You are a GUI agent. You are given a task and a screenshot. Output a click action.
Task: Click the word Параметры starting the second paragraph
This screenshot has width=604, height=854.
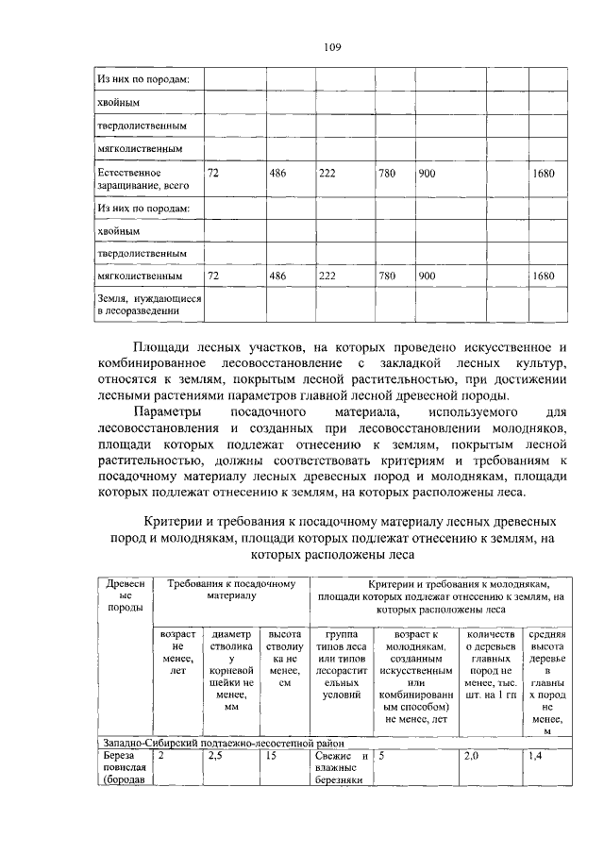[x=167, y=412]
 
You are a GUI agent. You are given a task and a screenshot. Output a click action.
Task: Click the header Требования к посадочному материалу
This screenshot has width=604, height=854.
[x=231, y=590]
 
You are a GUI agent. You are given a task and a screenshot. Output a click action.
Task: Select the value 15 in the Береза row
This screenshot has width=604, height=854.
[x=271, y=756]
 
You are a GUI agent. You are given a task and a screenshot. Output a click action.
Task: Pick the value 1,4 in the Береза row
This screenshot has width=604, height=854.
[x=536, y=756]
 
